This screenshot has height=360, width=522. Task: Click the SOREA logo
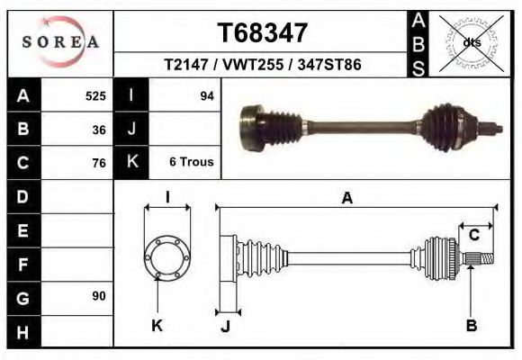pyautogui.click(x=60, y=41)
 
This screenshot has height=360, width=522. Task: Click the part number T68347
pyautogui.click(x=263, y=33)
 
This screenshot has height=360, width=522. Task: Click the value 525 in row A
pyautogui.click(x=95, y=95)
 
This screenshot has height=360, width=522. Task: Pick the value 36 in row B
pyautogui.click(x=99, y=129)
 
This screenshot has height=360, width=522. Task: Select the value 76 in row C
pyautogui.click(x=99, y=163)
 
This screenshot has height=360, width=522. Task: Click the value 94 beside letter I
pyautogui.click(x=206, y=95)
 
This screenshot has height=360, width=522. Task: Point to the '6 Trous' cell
pyautogui.click(x=191, y=162)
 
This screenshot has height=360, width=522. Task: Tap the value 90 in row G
pyautogui.click(x=99, y=296)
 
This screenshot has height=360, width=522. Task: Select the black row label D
pyautogui.click(x=22, y=196)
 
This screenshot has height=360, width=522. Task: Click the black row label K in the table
pyautogui.click(x=131, y=162)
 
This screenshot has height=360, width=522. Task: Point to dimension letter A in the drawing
pyautogui.click(x=346, y=199)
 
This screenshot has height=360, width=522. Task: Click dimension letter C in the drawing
pyautogui.click(x=473, y=236)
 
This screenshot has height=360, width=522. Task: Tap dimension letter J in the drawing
pyautogui.click(x=225, y=327)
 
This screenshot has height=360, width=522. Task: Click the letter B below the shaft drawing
pyautogui.click(x=471, y=326)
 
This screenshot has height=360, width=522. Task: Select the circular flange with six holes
pyautogui.click(x=166, y=257)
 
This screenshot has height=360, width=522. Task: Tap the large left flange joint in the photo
pyautogui.click(x=251, y=128)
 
